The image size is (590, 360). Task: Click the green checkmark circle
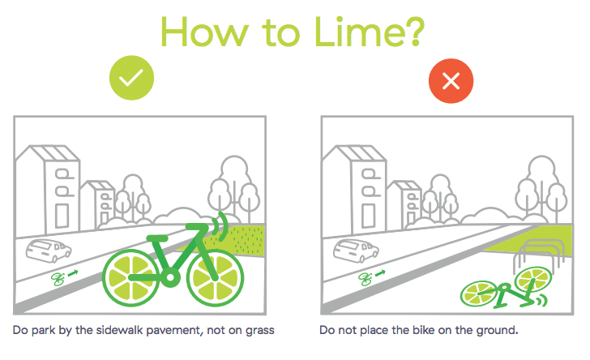(131, 78)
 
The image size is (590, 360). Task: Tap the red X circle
(451, 80)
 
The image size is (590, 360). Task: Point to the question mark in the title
(414, 32)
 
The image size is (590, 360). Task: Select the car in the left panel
(49, 250)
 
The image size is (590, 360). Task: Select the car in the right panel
(356, 250)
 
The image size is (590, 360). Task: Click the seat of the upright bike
(157, 238)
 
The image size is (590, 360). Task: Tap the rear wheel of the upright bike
(131, 277)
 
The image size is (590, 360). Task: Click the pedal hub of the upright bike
(170, 278)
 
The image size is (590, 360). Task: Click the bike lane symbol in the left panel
(65, 277)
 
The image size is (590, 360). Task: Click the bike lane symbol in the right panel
(372, 277)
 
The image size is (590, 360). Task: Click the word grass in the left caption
(259, 331)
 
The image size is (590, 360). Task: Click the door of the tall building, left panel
(62, 216)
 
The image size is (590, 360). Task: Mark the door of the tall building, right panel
(369, 216)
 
